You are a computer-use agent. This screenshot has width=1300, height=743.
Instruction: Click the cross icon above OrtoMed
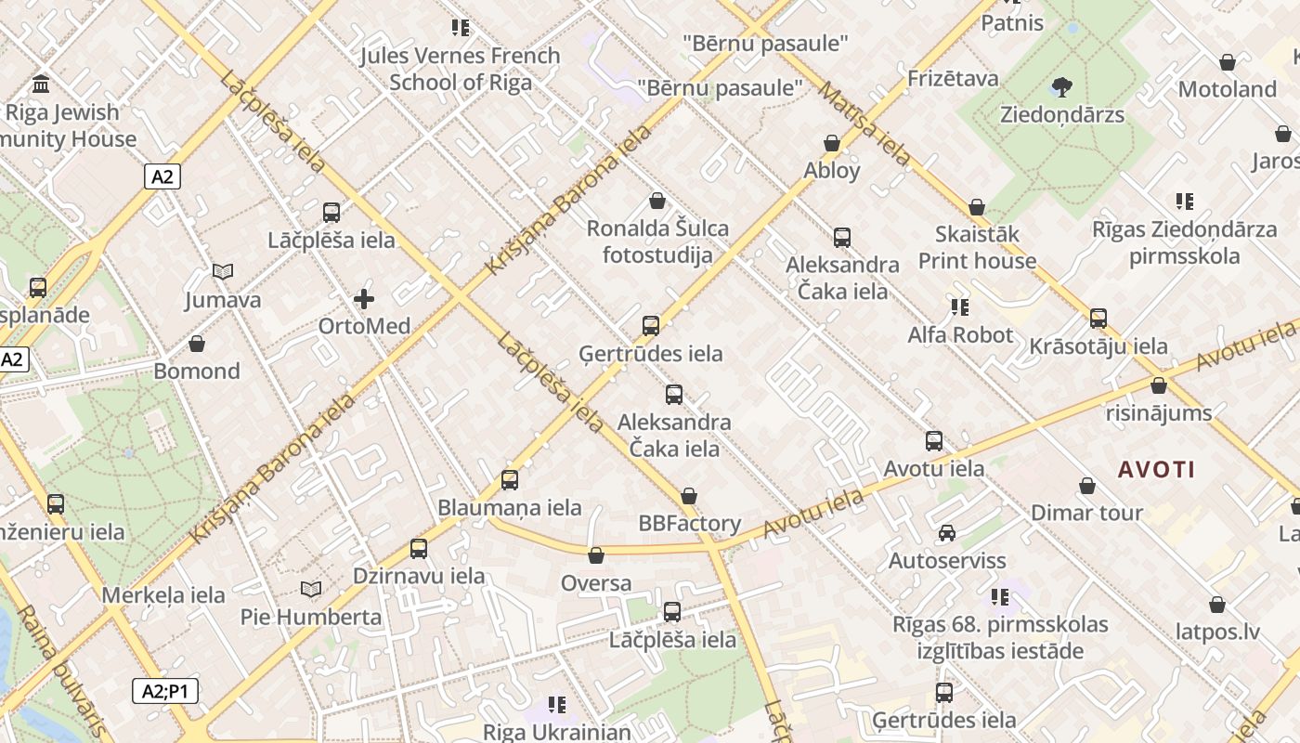[364, 299]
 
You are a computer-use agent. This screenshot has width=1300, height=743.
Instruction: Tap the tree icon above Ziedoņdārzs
[1061, 87]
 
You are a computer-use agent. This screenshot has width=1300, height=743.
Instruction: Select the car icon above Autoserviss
[946, 533]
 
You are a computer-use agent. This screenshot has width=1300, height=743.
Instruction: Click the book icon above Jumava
[222, 272]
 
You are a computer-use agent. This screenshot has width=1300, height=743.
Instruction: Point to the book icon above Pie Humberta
[310, 590]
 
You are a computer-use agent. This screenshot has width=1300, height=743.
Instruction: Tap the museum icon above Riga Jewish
[41, 85]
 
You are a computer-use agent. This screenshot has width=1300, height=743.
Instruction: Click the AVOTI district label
[1156, 469]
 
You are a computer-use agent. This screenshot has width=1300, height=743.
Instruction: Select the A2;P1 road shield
[164, 691]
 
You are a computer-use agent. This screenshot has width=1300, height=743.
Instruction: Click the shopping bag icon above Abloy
[832, 143]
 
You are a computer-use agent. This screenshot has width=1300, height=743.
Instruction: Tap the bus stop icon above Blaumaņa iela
[509, 480]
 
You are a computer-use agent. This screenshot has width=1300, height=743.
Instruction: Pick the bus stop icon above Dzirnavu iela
[419, 549]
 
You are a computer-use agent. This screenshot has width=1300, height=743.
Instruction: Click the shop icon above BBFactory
[688, 496]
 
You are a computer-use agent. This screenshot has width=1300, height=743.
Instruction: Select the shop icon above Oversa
[596, 555]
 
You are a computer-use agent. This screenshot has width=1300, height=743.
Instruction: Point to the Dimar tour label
[1086, 513]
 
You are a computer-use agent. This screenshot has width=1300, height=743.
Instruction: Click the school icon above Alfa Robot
[959, 306]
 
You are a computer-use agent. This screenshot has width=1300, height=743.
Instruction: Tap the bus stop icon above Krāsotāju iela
[1098, 319]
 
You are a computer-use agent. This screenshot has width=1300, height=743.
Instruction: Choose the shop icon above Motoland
[1227, 62]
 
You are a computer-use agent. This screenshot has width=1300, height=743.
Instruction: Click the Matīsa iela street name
[864, 123]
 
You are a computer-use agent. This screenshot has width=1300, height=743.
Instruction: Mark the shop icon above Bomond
[197, 345]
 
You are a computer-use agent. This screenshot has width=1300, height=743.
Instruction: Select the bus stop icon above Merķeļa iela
[56, 504]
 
